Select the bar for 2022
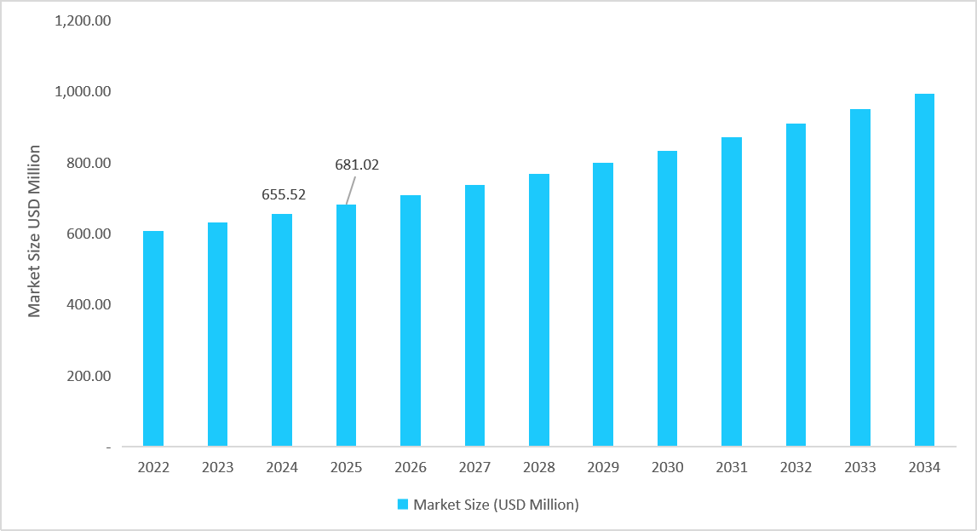[x=153, y=338]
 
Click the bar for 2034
[x=924, y=270]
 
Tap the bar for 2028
[x=538, y=310]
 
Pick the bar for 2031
[x=731, y=291]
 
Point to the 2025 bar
[x=346, y=326]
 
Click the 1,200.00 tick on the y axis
[x=83, y=20]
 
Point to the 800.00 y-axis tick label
[x=89, y=163]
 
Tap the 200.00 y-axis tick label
[x=89, y=376]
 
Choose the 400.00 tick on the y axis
[x=89, y=304]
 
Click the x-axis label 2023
[x=217, y=468]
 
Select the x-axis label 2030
[x=667, y=468]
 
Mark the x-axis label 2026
[x=411, y=468]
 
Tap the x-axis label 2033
[x=859, y=468]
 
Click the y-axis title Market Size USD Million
[x=35, y=231]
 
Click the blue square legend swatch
[x=403, y=505]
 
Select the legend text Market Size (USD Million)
[x=496, y=505]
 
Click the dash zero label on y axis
[x=108, y=447]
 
